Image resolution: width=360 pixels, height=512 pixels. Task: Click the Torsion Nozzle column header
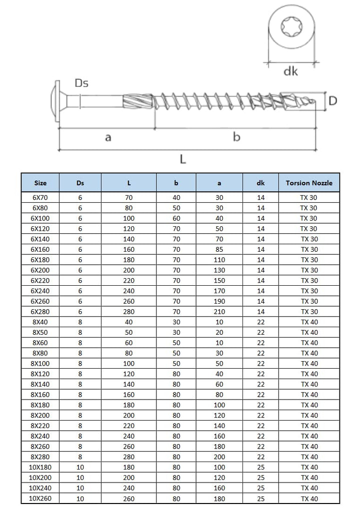click(308, 183)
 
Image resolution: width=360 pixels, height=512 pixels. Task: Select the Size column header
click(40, 183)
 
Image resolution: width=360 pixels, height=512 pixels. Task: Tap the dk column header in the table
click(260, 183)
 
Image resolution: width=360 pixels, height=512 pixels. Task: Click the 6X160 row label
click(40, 249)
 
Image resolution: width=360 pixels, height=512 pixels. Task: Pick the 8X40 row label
click(40, 322)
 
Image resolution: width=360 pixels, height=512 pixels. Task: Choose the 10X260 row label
click(40, 499)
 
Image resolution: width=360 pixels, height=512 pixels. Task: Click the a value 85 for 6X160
click(219, 249)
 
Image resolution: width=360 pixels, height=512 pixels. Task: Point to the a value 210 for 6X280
click(219, 312)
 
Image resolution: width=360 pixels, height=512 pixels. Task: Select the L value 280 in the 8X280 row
click(128, 457)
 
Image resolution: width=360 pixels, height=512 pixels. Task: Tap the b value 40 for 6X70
click(176, 197)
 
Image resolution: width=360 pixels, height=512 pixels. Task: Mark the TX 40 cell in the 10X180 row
click(308, 468)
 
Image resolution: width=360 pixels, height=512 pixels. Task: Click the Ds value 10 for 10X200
click(80, 478)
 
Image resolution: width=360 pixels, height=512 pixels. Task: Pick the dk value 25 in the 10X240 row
click(260, 488)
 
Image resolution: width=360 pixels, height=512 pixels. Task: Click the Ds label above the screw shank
click(81, 83)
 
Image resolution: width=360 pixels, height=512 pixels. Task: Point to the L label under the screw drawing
click(183, 159)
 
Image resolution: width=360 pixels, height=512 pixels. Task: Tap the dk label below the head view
click(290, 71)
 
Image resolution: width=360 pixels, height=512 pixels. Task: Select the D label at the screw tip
click(332, 101)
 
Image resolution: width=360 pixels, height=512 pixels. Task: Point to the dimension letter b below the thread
click(236, 137)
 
